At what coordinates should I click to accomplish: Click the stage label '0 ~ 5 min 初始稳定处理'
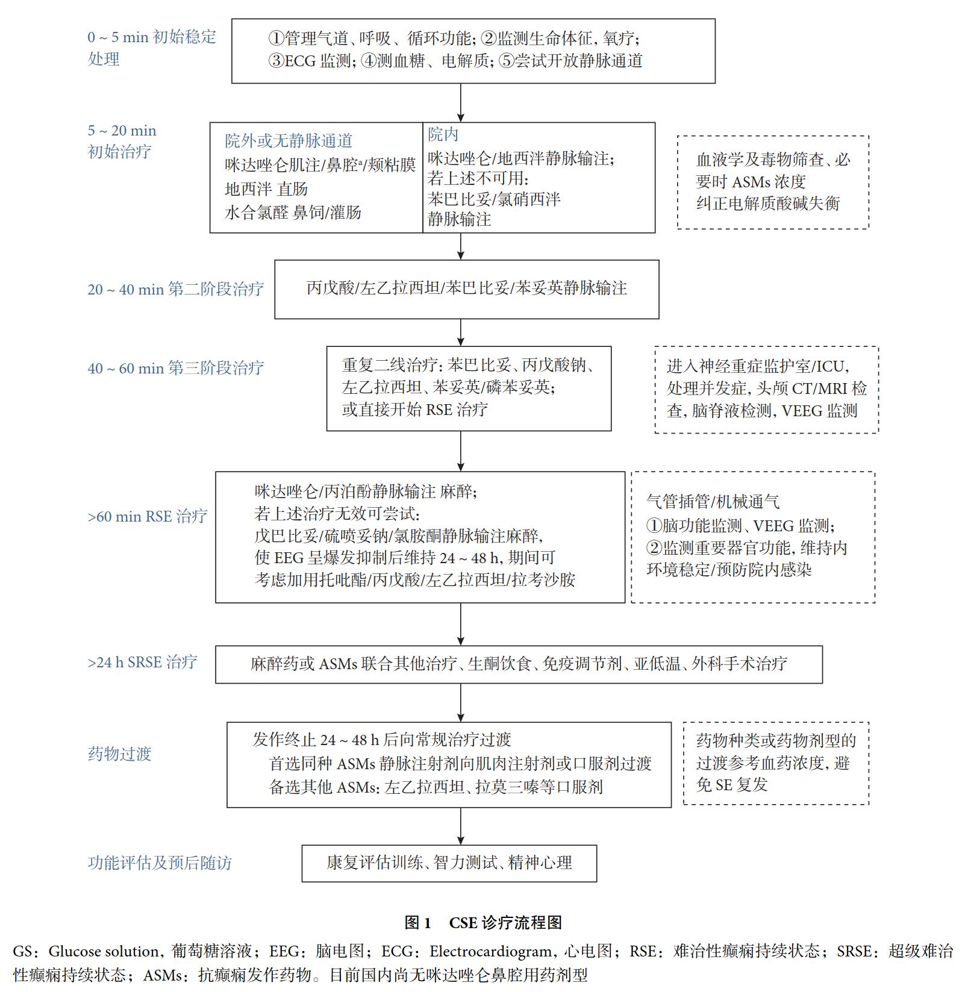click(152, 48)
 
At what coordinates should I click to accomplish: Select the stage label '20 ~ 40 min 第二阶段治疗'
click(176, 289)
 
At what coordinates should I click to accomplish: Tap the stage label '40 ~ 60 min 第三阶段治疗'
click(176, 368)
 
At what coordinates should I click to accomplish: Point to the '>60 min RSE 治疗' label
click(148, 516)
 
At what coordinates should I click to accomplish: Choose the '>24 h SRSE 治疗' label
click(142, 662)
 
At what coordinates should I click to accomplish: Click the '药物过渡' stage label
click(119, 753)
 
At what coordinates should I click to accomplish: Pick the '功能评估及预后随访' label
click(160, 863)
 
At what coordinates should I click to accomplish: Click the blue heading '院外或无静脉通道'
click(289, 140)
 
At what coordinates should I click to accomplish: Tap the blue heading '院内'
click(443, 134)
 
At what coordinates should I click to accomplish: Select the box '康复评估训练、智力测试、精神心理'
click(449, 863)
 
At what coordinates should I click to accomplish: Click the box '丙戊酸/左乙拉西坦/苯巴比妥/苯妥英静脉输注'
click(467, 289)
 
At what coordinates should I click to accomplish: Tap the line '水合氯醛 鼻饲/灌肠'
click(293, 212)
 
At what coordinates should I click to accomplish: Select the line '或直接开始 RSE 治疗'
click(415, 410)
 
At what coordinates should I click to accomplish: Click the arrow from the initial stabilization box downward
click(461, 103)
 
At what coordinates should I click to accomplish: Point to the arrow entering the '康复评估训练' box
click(461, 826)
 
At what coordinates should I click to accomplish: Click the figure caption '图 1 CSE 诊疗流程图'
click(484, 922)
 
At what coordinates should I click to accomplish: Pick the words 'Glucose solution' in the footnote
click(103, 951)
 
